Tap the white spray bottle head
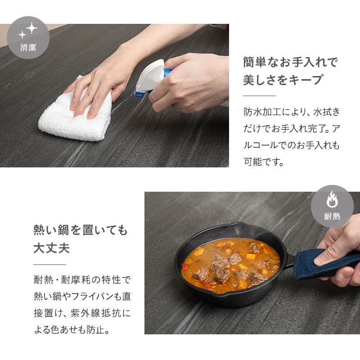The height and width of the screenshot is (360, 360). pos(150,75)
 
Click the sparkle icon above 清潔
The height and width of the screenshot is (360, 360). pos(28,31)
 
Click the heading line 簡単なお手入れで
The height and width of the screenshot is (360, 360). pos(290,62)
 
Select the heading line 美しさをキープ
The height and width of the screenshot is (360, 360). pos(283,80)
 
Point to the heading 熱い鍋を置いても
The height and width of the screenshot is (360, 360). pos(81,231)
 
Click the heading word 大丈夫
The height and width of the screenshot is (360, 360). pos(52,248)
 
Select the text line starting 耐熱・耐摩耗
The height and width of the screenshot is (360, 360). pos(81,280)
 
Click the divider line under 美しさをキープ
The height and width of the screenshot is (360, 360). pos(259,96)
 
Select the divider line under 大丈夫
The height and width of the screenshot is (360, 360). pos(49,265)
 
